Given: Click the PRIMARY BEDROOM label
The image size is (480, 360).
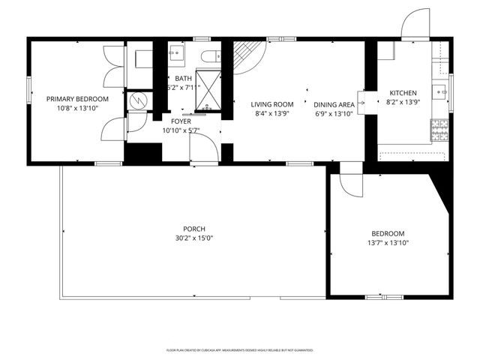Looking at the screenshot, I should click(77, 99).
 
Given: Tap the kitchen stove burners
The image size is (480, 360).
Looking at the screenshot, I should click(439, 129).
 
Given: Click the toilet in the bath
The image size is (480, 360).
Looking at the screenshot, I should click(212, 55).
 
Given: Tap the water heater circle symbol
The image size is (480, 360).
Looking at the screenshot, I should click(138, 99).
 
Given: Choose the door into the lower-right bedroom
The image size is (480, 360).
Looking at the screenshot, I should click(350, 184).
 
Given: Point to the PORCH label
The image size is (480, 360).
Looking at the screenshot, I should click(194, 229).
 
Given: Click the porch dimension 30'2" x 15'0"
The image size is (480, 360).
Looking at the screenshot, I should click(194, 238).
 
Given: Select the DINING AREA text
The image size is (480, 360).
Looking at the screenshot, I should click(334, 104).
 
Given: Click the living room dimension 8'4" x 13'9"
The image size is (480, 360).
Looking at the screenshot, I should click(271, 113).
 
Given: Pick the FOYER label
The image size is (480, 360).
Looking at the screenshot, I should click(181, 120).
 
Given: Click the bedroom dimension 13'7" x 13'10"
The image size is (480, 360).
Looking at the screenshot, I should click(388, 243).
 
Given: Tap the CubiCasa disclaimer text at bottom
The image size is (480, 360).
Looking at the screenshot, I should click(239, 350).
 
